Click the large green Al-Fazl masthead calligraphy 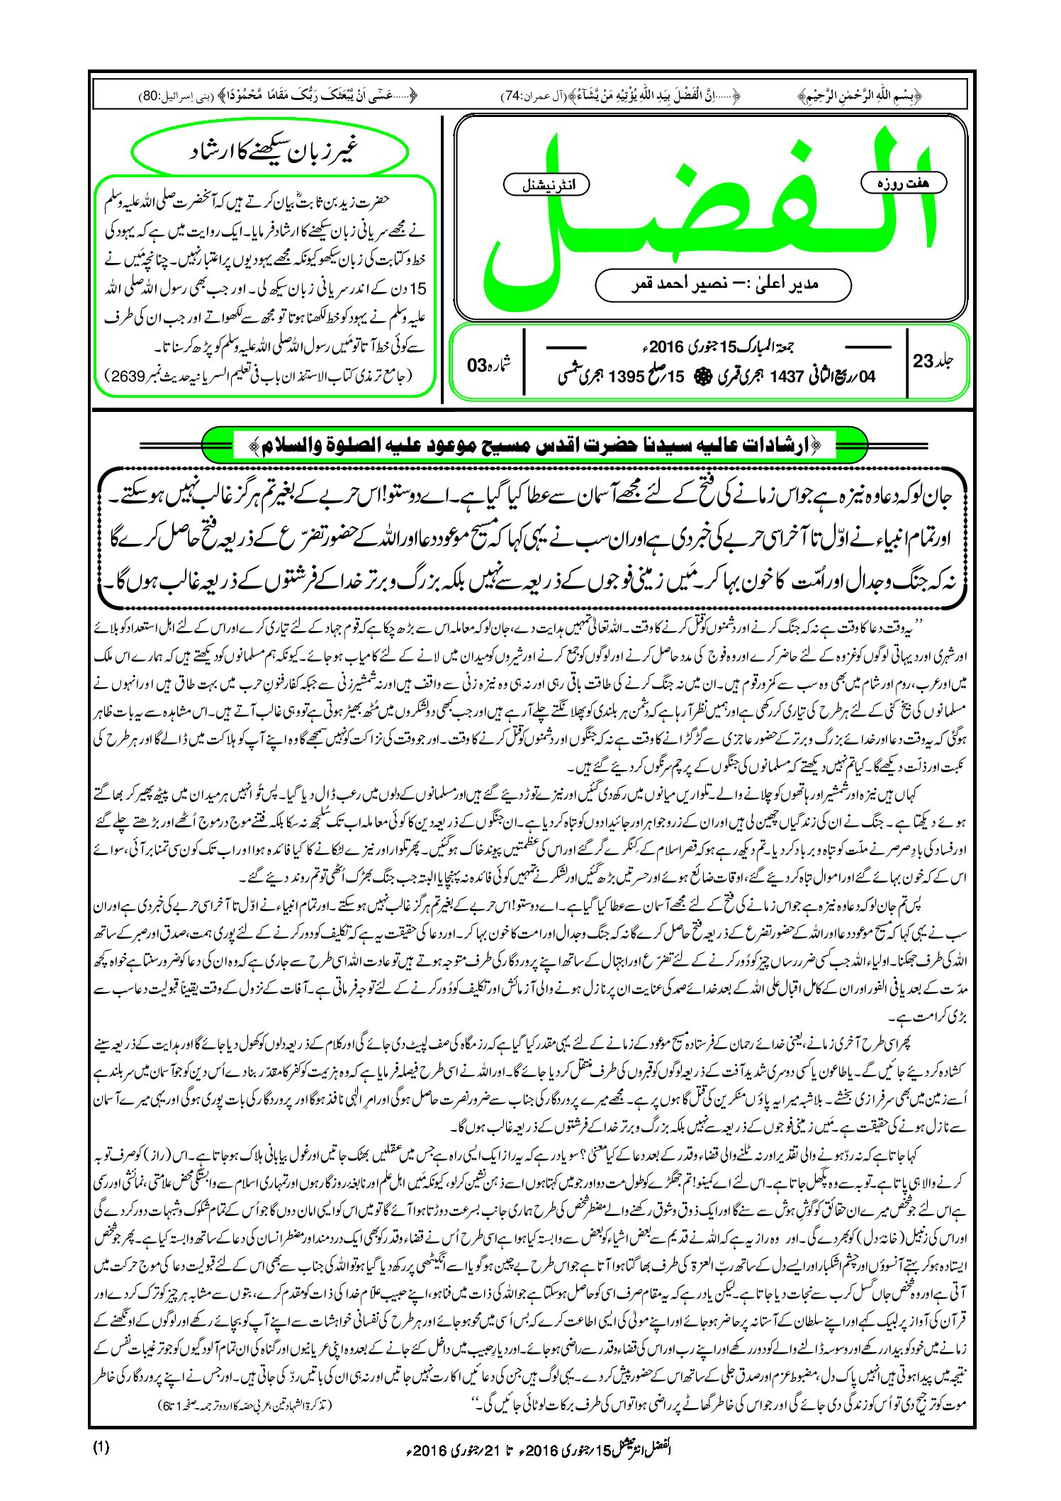point(709,213)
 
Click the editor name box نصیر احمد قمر point(723,284)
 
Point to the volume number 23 point(924,360)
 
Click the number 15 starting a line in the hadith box point(418,289)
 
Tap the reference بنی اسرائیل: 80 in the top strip point(173,94)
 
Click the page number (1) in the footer point(101,1447)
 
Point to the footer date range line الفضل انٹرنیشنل point(530,1449)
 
